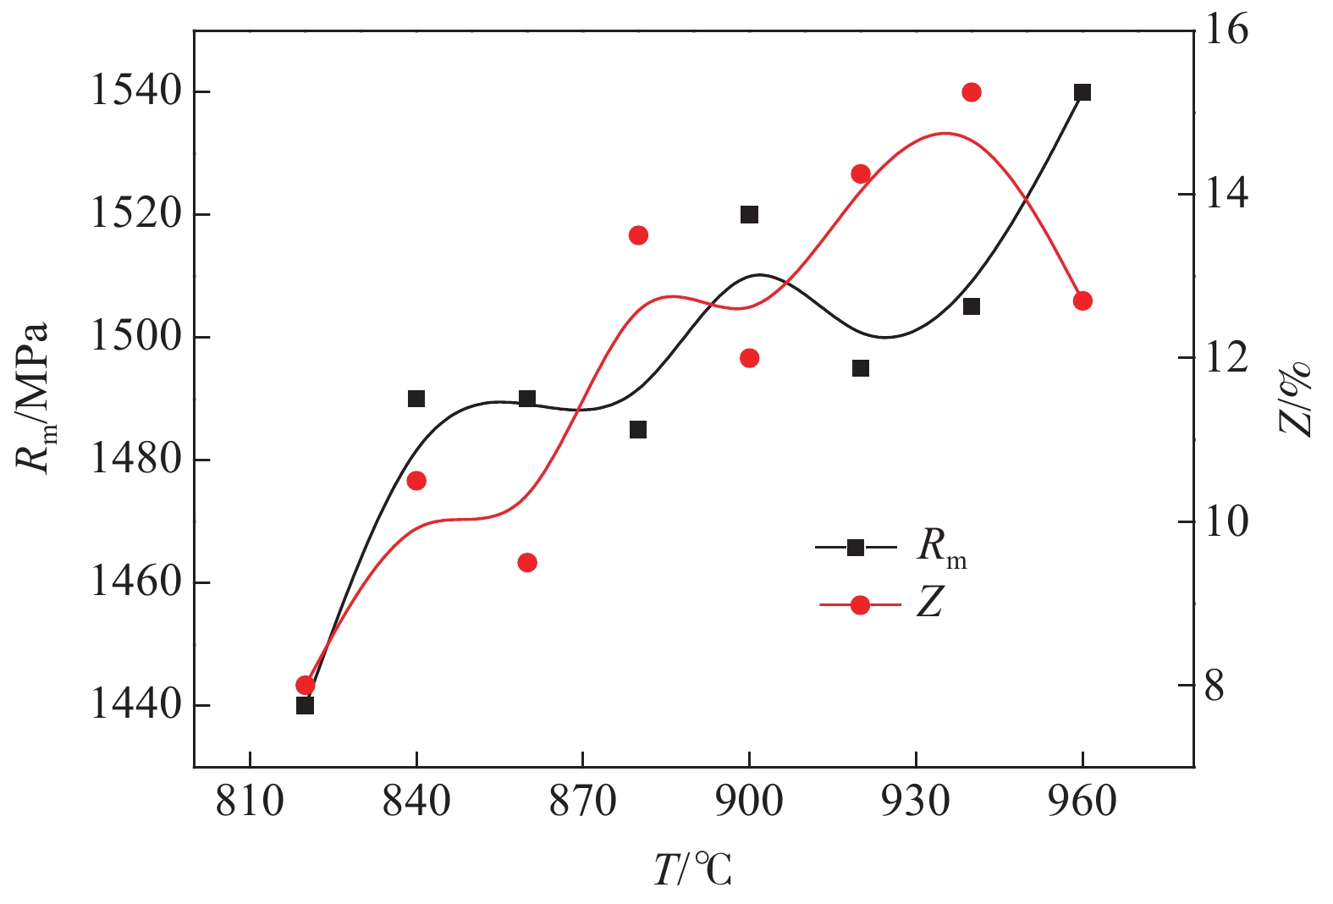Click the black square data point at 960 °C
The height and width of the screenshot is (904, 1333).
(x=1082, y=92)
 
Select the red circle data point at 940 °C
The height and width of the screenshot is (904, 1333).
(x=972, y=92)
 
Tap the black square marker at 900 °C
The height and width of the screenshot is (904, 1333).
(x=749, y=215)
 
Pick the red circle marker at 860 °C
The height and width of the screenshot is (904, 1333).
(x=527, y=563)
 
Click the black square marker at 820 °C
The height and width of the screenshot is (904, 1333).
(x=306, y=705)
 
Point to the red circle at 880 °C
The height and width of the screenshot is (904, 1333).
(x=638, y=235)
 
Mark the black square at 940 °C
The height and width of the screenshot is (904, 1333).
(x=972, y=306)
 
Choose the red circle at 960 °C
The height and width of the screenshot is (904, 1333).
(x=1082, y=301)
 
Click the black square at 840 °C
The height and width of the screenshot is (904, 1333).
(x=416, y=399)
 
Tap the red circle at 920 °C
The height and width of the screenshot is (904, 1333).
(x=861, y=174)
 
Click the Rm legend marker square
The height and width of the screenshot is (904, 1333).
(x=856, y=548)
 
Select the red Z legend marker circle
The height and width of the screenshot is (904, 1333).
(x=860, y=605)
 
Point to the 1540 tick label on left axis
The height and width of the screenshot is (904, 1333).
(x=136, y=91)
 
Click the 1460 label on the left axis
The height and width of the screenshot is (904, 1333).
(x=136, y=583)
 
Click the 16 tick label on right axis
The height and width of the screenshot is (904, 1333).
(x=1225, y=30)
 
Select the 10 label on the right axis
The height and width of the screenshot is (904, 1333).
(x=1225, y=521)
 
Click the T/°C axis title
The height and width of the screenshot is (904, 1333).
(x=693, y=870)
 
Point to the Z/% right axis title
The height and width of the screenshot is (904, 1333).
(x=1295, y=398)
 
